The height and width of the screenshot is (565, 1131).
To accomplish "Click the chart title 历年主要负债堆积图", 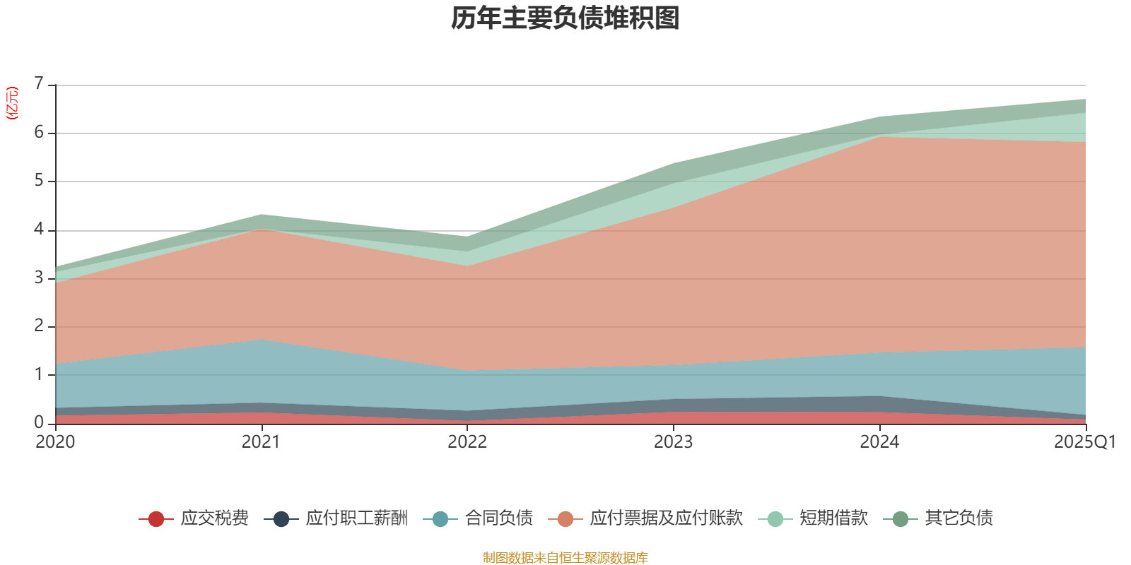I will [565, 18].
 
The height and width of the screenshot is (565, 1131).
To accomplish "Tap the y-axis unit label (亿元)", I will [12, 103].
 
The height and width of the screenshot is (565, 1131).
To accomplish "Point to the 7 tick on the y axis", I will [39, 84].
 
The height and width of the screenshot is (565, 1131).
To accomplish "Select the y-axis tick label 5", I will [39, 181].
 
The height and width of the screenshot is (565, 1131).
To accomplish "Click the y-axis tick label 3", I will [39, 278].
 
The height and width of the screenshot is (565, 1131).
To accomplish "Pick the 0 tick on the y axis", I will [39, 422].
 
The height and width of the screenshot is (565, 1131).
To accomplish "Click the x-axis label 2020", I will [55, 442].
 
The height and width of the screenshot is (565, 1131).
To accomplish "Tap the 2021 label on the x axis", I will [261, 442].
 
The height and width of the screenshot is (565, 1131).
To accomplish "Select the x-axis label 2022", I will [467, 442].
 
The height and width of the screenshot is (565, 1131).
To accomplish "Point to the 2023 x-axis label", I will [673, 442].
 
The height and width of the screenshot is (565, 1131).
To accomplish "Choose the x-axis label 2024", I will [879, 442].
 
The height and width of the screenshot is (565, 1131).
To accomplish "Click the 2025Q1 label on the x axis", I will [1084, 442].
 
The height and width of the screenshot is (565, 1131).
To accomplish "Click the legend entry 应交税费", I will [214, 518].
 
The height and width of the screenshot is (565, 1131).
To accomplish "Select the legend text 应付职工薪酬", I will [356, 518].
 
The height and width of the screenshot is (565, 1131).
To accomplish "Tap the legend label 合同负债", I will [498, 518].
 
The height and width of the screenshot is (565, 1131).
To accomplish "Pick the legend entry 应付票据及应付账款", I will [666, 518].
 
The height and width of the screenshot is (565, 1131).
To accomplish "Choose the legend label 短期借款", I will [833, 518].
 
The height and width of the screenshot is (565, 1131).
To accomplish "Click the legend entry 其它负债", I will [959, 518].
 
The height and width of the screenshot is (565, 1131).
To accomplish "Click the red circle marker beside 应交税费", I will [156, 519].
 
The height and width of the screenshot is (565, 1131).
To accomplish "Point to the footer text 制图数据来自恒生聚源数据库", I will [565, 558].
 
